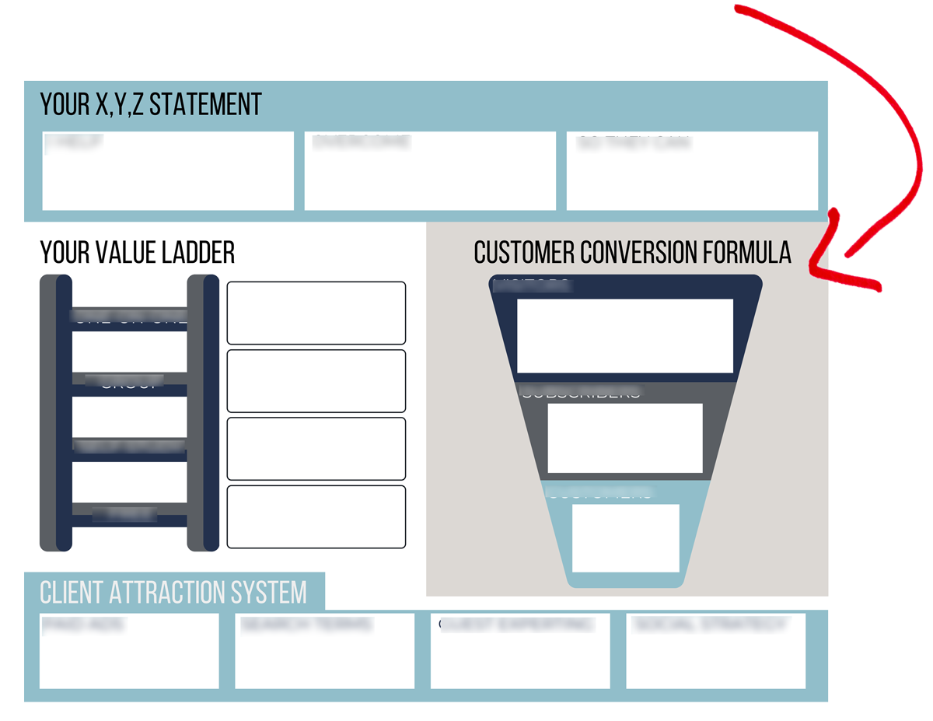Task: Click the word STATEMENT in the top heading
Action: (x=205, y=104)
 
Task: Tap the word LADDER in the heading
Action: (x=198, y=253)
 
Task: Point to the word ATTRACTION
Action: (x=176, y=593)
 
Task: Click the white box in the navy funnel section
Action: (x=625, y=336)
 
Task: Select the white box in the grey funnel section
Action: (x=625, y=438)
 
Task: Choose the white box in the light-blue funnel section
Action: (x=625, y=538)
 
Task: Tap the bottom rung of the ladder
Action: (x=129, y=515)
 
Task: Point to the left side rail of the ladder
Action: (x=56, y=412)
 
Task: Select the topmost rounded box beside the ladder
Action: (x=316, y=313)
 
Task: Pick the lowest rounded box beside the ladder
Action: (x=316, y=516)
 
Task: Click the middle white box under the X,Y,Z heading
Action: (x=430, y=171)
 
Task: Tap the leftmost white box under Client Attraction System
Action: (x=129, y=652)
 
